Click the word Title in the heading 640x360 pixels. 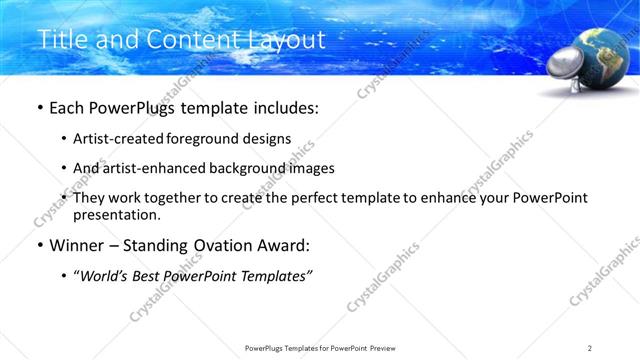[x=59, y=39]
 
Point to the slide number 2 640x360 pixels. [x=590, y=348]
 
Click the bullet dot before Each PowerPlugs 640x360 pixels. [x=39, y=106]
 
